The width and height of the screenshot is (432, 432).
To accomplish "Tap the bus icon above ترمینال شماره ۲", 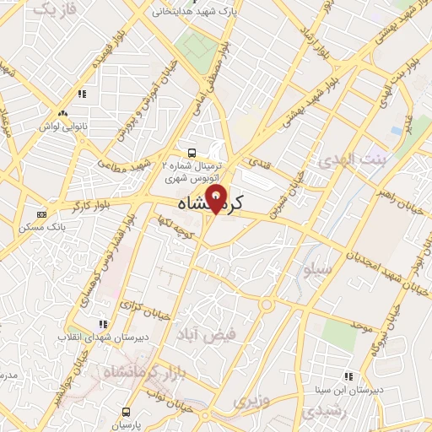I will (192, 153).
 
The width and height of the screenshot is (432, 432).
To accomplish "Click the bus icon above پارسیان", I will (126, 412).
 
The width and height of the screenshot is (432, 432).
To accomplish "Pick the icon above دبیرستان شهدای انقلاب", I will (103, 324).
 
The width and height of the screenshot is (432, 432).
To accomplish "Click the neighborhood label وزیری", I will (252, 399).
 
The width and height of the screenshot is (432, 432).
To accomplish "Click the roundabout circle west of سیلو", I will (267, 304).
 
